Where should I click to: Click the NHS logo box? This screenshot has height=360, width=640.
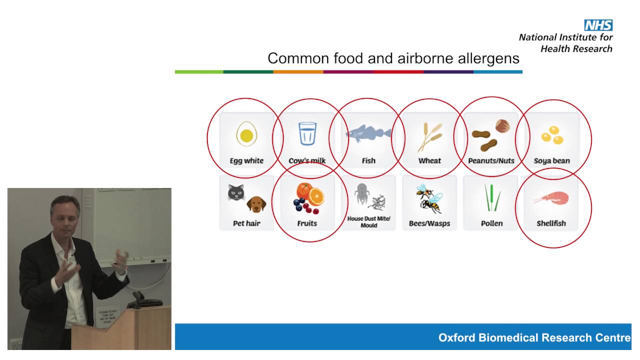pos(598,25)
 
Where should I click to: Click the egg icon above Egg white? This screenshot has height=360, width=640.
pos(246,134)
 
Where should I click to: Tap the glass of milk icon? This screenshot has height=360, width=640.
pos(307,133)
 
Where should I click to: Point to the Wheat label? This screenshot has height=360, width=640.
pos(429,160)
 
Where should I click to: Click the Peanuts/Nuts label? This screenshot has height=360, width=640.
pos(491,160)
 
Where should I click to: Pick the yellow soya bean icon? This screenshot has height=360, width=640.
pos(552,134)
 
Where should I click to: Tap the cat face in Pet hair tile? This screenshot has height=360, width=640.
pos(236,193)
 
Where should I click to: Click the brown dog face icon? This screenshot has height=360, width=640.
pos(256,203)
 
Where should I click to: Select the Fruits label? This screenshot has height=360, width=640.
pos(307,223)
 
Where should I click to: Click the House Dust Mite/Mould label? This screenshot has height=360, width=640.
pos(368,222)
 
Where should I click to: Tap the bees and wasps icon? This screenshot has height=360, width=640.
pos(429,198)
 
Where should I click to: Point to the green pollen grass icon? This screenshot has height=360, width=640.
pos(491,198)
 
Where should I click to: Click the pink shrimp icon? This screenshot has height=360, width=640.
pos(551,197)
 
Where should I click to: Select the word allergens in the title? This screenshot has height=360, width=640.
pos(489,58)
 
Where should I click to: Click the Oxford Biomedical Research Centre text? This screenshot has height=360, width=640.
pos(534,337)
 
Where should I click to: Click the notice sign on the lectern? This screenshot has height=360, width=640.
pos(107,317)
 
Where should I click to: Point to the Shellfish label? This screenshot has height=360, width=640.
pos(551,223)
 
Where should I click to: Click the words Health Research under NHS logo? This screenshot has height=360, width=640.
pos(576,48)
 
